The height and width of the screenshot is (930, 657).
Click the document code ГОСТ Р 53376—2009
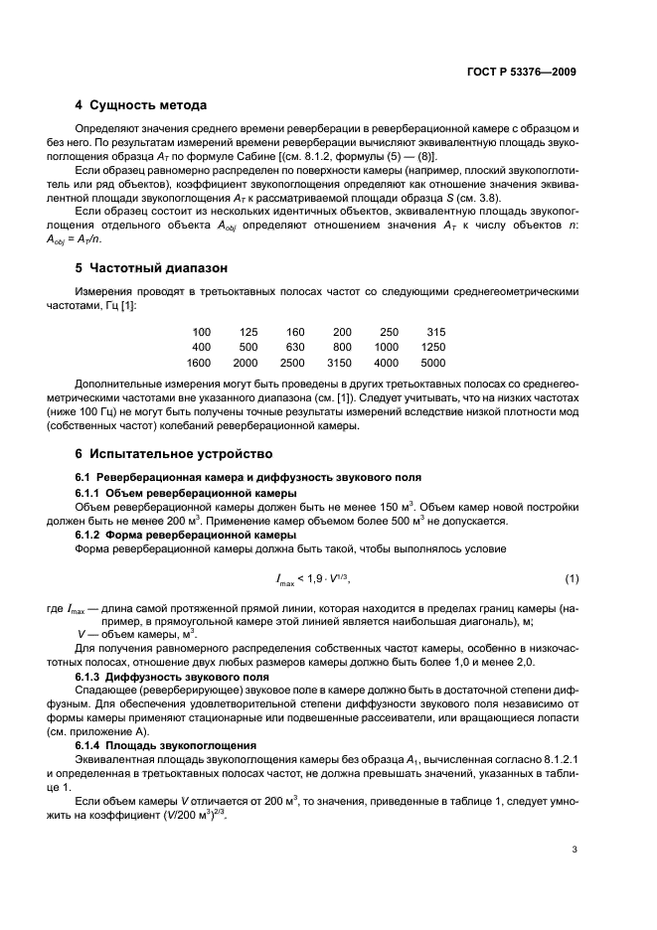522,73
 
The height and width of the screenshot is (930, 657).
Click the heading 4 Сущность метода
140,105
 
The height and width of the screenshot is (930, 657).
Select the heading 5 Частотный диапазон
153,268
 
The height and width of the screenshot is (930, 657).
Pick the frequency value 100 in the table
202,332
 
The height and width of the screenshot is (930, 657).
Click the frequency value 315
435,332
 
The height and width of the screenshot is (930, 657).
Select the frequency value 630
295,348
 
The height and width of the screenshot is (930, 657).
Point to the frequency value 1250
432,348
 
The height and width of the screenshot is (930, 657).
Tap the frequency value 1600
199,364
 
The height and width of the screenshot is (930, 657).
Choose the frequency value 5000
432,364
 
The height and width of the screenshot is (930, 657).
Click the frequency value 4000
386,364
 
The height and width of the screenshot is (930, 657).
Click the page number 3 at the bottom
575,850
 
